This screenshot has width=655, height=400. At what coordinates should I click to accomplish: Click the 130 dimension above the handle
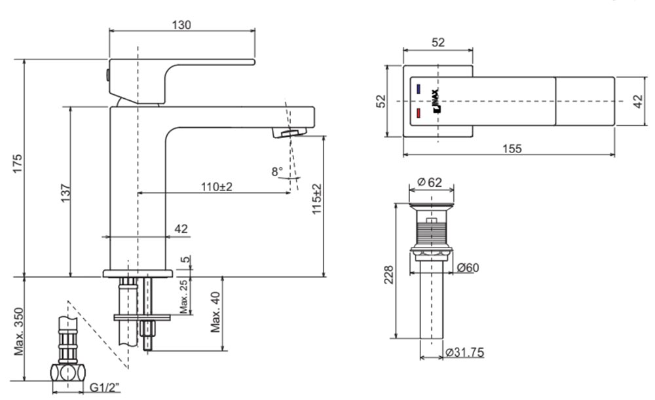181,25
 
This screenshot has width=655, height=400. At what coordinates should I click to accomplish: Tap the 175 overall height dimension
17,164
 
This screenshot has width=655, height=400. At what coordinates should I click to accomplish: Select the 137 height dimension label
66,193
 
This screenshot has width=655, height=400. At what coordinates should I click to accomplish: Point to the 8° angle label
277,171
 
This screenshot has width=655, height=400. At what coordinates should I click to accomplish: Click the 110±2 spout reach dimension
217,187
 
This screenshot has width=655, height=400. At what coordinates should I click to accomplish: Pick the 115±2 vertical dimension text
316,199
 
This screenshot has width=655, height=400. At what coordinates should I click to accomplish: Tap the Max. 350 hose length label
19,332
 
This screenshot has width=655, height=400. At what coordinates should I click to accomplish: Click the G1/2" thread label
105,388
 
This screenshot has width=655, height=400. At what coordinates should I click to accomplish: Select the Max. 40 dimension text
215,312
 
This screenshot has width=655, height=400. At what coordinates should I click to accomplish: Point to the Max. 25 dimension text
184,297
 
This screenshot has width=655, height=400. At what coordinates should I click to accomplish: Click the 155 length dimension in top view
512,149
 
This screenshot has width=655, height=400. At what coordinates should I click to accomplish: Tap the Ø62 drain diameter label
430,182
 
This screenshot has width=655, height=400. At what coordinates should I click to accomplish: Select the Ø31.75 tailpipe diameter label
465,352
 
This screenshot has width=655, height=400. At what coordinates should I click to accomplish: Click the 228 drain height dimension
389,275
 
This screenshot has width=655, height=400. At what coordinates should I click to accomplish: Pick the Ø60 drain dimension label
468,267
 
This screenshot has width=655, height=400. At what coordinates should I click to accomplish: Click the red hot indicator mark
418,113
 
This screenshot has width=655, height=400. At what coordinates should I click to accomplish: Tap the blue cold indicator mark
418,89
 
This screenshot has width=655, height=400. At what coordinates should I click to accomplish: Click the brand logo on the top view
436,101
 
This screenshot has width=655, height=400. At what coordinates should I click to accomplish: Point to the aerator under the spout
290,132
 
